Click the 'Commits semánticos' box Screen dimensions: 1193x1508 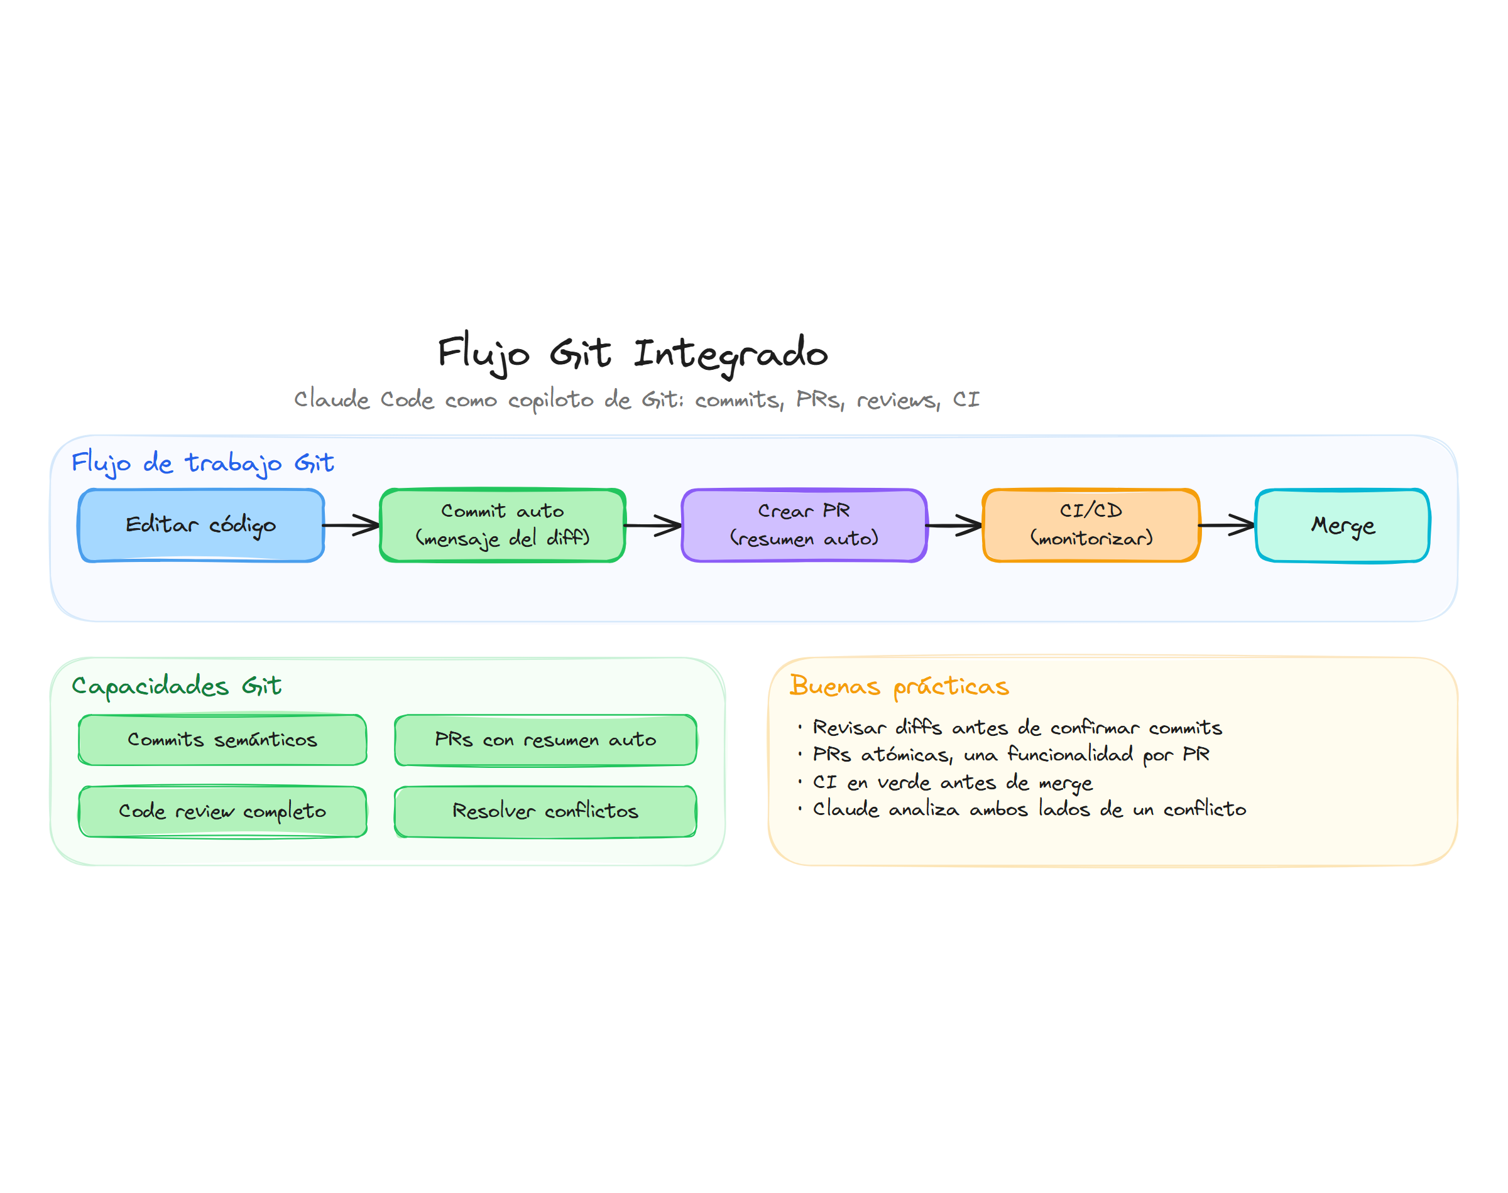(x=222, y=739)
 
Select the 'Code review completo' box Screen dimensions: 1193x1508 (x=222, y=811)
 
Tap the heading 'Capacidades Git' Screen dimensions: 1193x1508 (x=176, y=685)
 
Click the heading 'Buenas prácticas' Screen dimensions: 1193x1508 (x=899, y=685)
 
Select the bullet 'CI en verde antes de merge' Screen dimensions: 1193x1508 (x=952, y=782)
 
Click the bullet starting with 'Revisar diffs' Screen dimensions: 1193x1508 (x=1017, y=728)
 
